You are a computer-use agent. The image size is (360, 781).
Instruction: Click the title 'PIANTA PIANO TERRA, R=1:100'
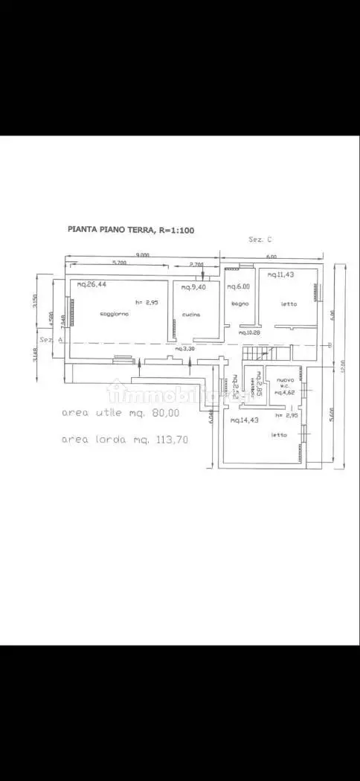(x=131, y=231)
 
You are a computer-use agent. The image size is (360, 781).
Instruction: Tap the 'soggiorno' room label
(x=115, y=315)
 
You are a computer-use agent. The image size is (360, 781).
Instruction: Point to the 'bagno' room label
(x=239, y=304)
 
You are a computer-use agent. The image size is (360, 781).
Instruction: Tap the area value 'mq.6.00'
(x=239, y=286)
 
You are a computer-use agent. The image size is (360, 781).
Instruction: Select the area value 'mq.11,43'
(x=281, y=275)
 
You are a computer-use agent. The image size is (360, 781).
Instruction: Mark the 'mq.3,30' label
(x=184, y=348)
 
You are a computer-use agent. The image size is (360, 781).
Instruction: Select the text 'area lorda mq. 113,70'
(x=124, y=440)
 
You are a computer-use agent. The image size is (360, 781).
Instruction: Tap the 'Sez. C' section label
(x=260, y=240)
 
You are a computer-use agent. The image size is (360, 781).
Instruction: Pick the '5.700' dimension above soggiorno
(x=118, y=263)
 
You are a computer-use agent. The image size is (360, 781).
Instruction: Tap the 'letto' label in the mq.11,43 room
(x=289, y=303)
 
